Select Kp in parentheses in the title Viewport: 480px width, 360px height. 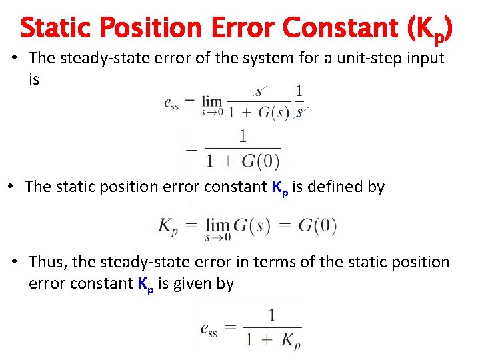[x=431, y=30]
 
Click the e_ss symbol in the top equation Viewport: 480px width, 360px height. [x=171, y=103]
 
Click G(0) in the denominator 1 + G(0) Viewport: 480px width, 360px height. [x=259, y=161]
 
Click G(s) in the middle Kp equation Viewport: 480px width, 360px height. [x=251, y=225]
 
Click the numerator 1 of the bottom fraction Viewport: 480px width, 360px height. [x=271, y=315]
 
